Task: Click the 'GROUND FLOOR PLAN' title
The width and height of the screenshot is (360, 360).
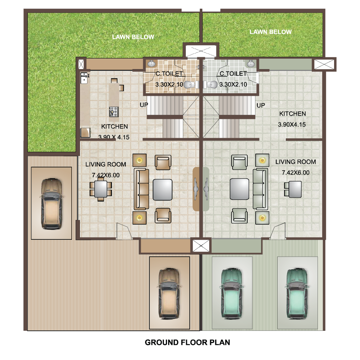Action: coord(187,342)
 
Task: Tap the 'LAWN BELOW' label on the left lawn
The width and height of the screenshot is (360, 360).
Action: coord(133,37)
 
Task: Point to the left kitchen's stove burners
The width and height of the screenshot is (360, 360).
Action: coord(114,112)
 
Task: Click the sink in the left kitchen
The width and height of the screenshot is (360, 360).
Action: coord(85,78)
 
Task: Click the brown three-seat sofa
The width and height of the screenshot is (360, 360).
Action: coord(141,189)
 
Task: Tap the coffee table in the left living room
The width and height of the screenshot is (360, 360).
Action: coord(163,190)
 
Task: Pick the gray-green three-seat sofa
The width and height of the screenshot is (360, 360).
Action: coord(260,189)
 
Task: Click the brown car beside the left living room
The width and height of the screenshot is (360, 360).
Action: coord(51,204)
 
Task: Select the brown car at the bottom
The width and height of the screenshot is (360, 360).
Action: coord(170,293)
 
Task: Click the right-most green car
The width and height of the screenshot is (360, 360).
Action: coord(297,293)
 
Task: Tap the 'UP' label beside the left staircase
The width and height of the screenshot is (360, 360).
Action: coord(144,105)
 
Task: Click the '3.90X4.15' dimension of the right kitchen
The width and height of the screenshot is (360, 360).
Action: coord(292,125)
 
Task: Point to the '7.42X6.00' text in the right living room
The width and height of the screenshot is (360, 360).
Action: coord(296,173)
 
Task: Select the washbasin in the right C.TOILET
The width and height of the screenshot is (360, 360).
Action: coord(251,63)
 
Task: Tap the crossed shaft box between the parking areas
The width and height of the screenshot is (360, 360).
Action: coord(201,246)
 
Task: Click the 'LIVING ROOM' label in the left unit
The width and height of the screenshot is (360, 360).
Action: coord(105,165)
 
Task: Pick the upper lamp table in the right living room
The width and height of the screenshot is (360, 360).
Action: coord(262,160)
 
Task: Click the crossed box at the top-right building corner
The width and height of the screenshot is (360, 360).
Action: coord(324,64)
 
